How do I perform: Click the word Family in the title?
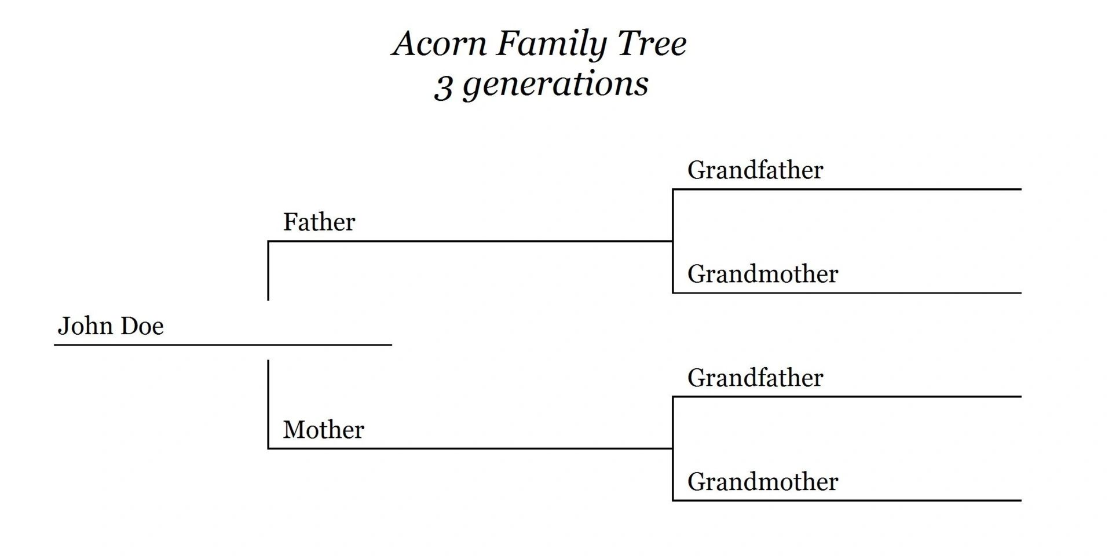point(551,44)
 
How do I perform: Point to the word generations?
point(556,85)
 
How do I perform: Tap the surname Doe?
point(142,326)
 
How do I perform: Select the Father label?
point(319,222)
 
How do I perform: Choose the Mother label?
point(323,430)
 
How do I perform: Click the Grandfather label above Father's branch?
point(755,170)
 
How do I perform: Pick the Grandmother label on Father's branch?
point(763,274)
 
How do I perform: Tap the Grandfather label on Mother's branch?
point(755,378)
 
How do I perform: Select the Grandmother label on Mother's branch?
point(763,482)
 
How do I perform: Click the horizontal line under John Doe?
point(223,345)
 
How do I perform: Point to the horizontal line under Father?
point(469,241)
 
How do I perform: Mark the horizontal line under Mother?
point(469,448)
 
